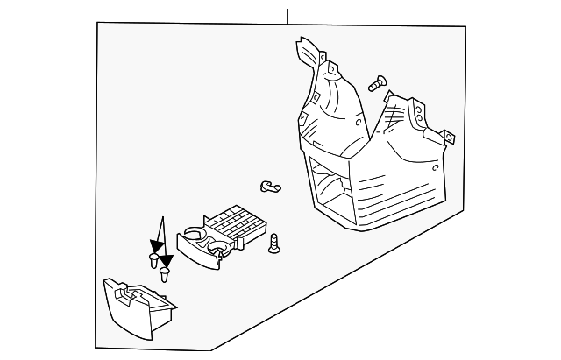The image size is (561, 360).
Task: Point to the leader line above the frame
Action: click(287, 13)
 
